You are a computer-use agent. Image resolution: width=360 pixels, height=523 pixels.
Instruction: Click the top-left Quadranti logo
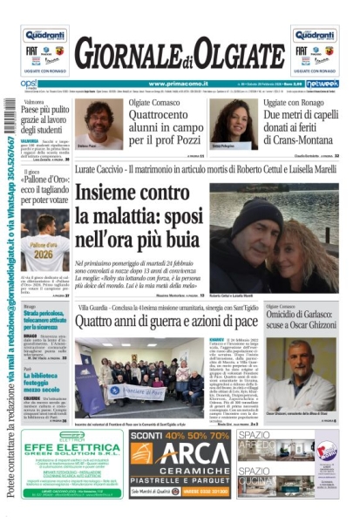click(44, 36)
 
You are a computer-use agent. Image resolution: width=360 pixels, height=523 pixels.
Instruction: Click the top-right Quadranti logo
click(315, 36)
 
